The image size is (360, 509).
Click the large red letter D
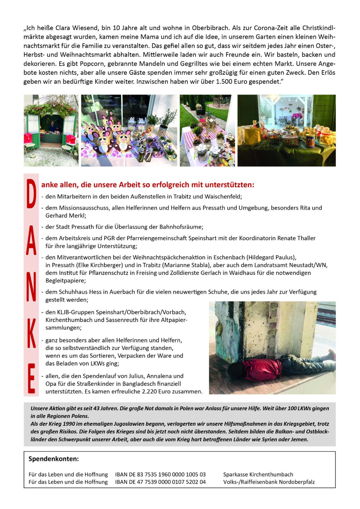point(31,194)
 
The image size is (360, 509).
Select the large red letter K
point(31,333)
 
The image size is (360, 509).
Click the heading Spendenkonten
point(54,459)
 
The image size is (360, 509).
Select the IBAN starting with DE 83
point(160,474)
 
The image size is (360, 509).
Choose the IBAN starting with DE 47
point(160,482)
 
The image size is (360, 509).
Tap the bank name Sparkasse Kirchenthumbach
point(258,474)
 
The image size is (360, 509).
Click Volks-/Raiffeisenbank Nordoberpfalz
point(269,482)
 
